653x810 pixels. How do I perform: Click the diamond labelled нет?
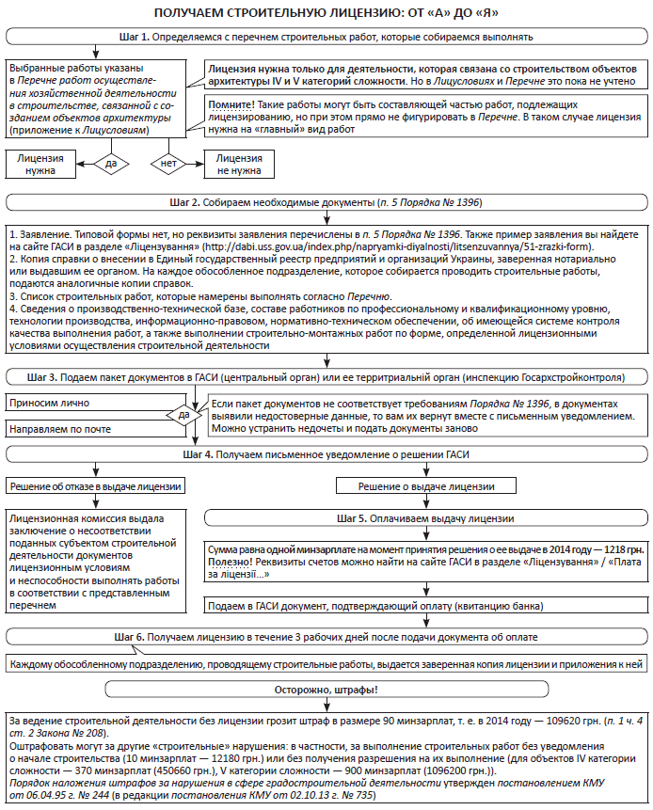169,163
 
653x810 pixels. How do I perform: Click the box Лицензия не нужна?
236,165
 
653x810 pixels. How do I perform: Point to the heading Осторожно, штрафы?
326,690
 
